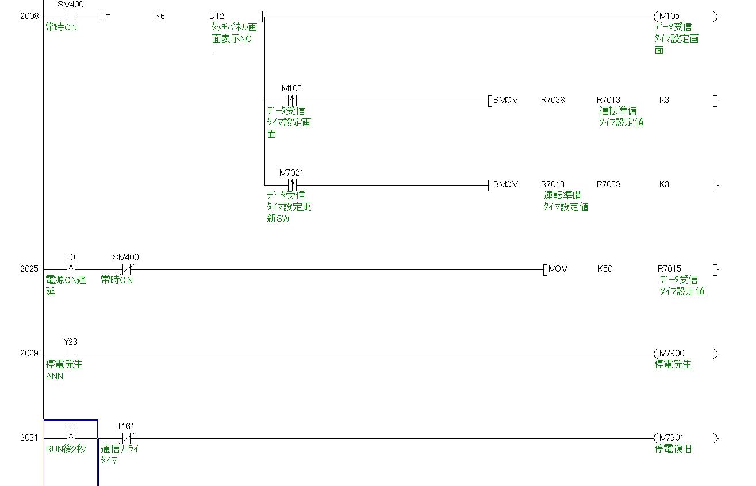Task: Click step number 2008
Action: coord(29,16)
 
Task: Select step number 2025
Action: coord(29,269)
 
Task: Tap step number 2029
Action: coord(29,353)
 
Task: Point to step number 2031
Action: coord(29,438)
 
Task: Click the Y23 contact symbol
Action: coord(71,354)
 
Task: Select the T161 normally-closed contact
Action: coord(126,438)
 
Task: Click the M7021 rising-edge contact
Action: coord(291,185)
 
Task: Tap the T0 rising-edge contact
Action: coord(71,269)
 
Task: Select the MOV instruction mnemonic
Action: coord(558,269)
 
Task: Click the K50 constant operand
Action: coord(605,269)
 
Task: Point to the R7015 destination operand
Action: coord(669,269)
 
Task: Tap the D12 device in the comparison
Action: coord(217,16)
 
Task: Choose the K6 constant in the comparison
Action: coord(160,16)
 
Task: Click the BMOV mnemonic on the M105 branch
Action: coord(505,100)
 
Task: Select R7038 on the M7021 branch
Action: coord(608,184)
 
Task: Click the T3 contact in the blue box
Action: coord(71,438)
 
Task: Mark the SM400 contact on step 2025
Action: coord(126,269)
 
